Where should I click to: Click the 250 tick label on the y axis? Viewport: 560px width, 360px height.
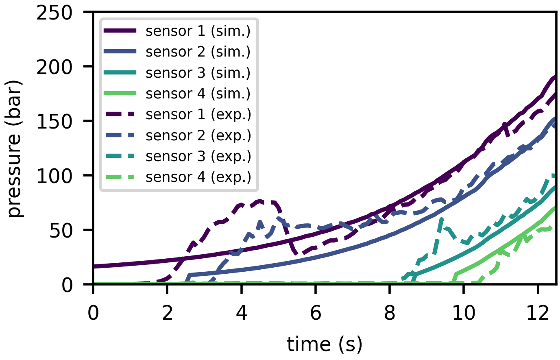[x=60, y=13]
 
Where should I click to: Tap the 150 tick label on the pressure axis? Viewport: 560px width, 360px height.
[x=60, y=121]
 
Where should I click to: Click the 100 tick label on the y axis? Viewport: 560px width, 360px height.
[x=60, y=176]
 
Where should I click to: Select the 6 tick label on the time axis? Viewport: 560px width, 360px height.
[x=316, y=314]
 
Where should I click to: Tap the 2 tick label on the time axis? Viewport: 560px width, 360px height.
[x=168, y=314]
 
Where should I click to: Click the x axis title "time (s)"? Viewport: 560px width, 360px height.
[x=324, y=344]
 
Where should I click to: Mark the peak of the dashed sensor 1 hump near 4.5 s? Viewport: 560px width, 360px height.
[x=260, y=201]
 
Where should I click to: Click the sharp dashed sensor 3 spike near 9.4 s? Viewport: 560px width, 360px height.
[x=442, y=220]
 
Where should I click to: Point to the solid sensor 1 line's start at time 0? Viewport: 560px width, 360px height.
[x=94, y=266]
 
